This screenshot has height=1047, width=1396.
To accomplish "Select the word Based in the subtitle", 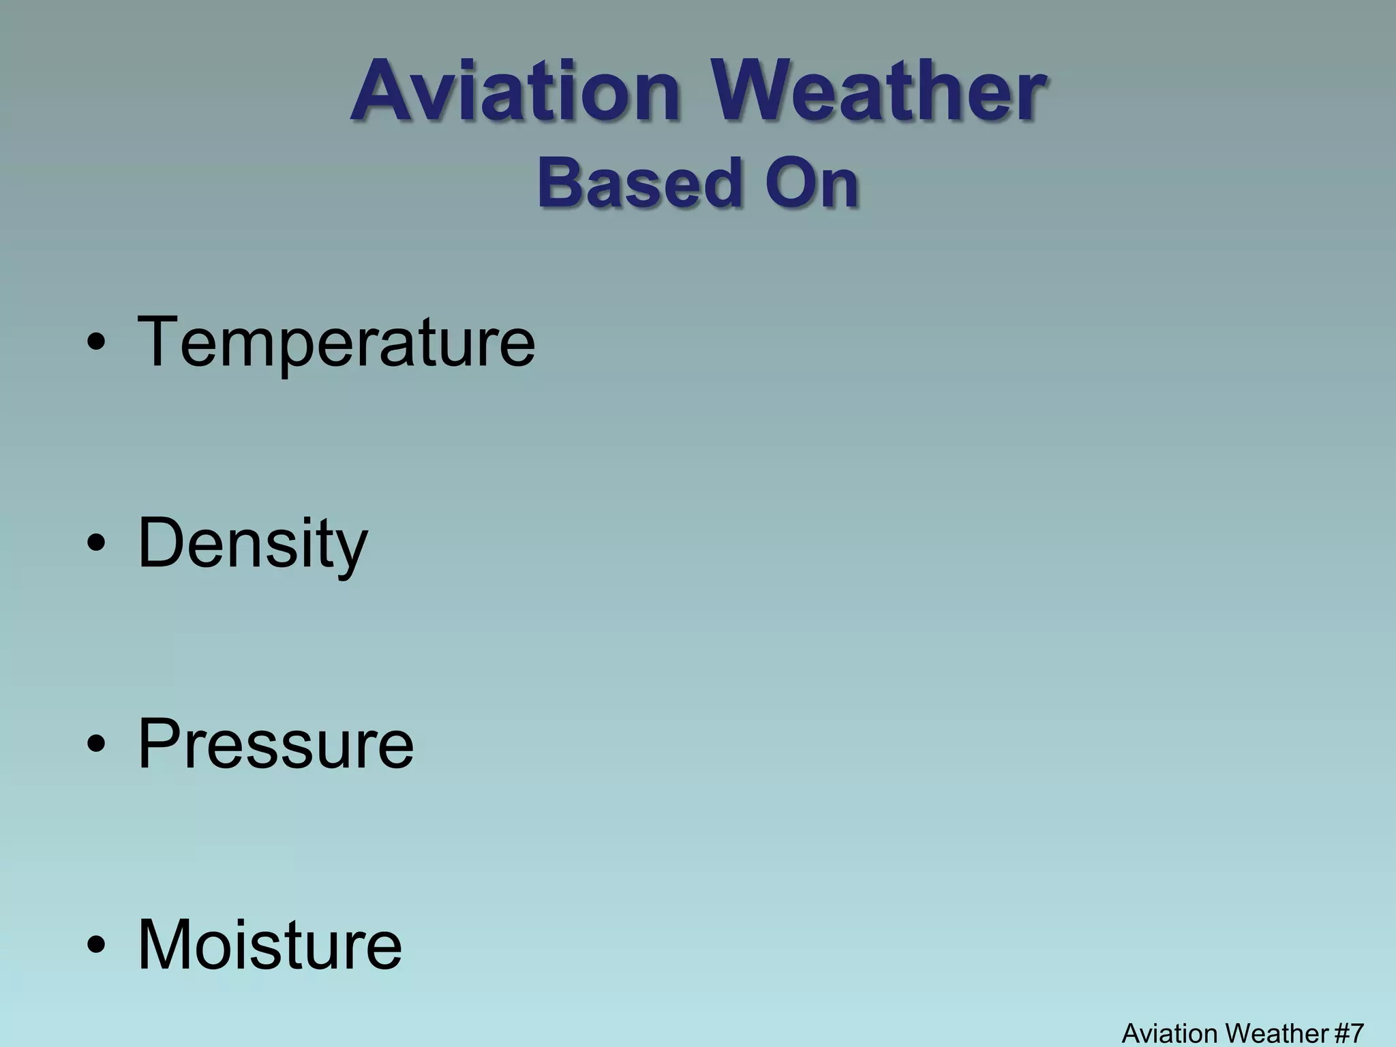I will (638, 183).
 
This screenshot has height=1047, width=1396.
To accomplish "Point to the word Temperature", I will (336, 342).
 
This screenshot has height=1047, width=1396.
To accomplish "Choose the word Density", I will (252, 544).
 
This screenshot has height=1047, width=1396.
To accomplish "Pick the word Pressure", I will (275, 744).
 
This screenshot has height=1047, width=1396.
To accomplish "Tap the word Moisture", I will (270, 945).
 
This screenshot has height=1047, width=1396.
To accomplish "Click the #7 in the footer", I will (1348, 1033).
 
